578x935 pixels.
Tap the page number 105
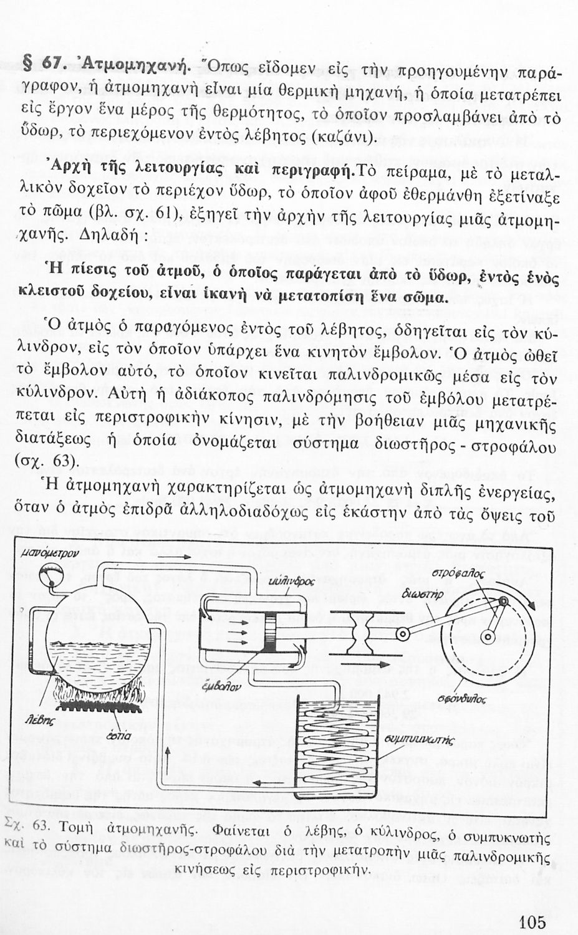[531, 921]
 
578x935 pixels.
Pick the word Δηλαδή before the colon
[113, 238]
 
